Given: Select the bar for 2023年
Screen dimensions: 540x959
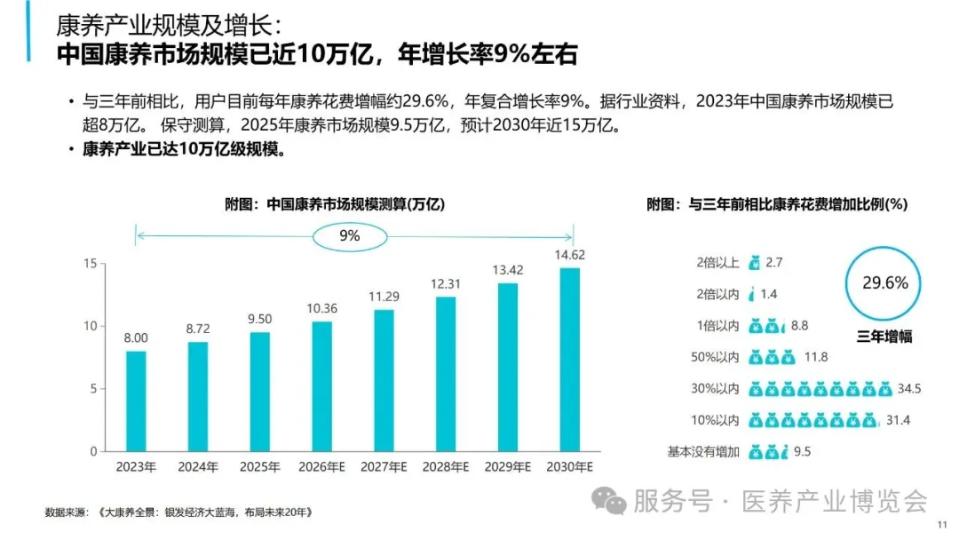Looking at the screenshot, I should [136, 401].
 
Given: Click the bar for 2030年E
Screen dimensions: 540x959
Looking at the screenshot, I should [570, 360].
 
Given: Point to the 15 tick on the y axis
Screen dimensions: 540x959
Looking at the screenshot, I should [89, 264].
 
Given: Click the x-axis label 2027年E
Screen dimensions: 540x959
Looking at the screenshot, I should [384, 466].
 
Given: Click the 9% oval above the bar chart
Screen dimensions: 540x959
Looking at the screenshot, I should [350, 235].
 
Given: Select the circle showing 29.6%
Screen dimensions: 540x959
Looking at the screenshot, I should [885, 283].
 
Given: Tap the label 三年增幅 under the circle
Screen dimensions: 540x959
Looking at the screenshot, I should [884, 337].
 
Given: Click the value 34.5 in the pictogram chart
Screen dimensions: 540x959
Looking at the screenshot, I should [911, 389].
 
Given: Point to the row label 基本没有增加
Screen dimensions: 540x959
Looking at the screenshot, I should [703, 451].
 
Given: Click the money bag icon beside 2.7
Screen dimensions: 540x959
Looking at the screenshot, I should [755, 262].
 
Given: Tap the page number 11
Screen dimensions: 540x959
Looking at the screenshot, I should [943, 526].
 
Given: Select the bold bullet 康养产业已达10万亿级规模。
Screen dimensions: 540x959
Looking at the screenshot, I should [184, 148].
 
